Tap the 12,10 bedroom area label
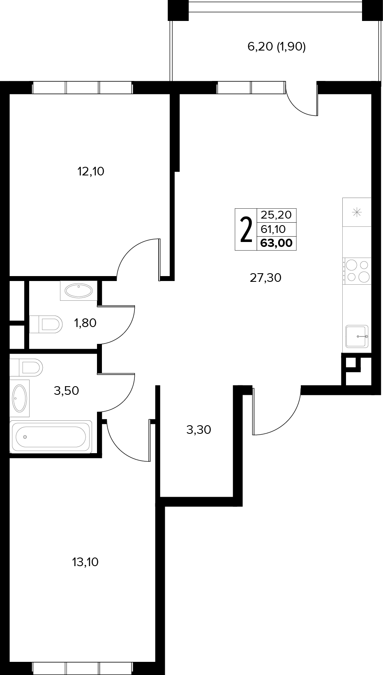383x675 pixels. click(91, 171)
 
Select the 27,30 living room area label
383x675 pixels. click(265, 278)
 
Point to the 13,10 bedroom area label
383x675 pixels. click(85, 562)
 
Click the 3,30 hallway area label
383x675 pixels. click(198, 430)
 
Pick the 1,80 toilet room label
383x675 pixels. click(85, 323)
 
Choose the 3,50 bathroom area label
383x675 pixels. click(66, 391)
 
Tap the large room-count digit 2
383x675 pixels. click(246, 230)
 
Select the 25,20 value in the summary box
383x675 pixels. click(276, 215)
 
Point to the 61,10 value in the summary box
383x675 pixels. click(273, 229)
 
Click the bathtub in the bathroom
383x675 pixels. click(51, 437)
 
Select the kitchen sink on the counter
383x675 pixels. click(357, 336)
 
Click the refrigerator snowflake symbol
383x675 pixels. click(357, 212)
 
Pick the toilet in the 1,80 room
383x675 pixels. click(46, 324)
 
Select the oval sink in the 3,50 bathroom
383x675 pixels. click(20, 399)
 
